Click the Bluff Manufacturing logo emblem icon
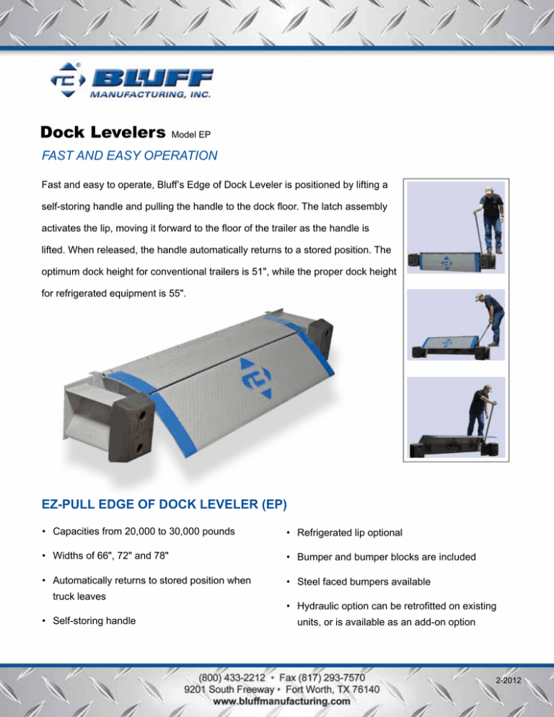coord(68,80)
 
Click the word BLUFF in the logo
coord(152,78)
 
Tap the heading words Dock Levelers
coord(103,132)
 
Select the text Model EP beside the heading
coord(190,134)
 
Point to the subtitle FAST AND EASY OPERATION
coord(129,156)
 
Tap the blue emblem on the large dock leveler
coord(256,378)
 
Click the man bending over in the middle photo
coord(490,318)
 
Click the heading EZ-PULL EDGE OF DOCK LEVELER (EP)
coord(164,504)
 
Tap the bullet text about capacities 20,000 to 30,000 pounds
coord(144,532)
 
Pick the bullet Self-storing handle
coord(94,620)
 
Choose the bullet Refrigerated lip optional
coord(350,533)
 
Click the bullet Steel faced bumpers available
coord(364,581)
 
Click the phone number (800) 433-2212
coord(232,677)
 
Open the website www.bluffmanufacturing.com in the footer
coord(282,701)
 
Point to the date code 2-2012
coord(509,680)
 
